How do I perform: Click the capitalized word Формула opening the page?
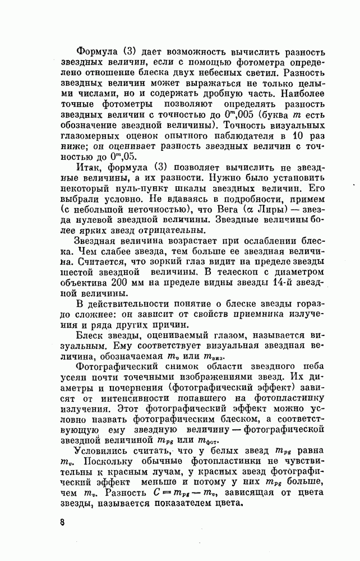pos(98,50)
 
